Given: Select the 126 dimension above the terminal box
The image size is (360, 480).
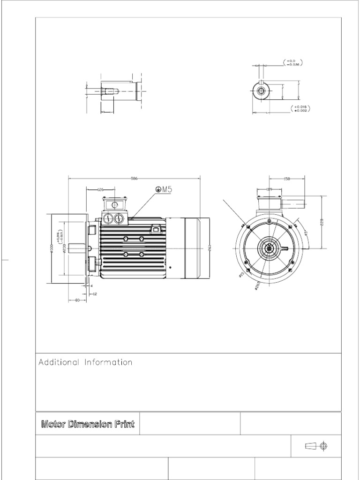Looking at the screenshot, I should (x=100, y=189).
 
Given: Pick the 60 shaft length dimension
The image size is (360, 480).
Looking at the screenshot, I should (x=77, y=300).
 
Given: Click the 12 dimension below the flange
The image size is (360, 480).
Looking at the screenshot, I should (x=95, y=294).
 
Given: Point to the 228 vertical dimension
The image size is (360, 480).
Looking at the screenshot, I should (x=322, y=222).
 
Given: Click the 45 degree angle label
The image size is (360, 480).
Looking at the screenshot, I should (x=305, y=233).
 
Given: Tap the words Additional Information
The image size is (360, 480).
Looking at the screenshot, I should (x=85, y=362).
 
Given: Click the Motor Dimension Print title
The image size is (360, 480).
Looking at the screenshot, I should (x=88, y=425).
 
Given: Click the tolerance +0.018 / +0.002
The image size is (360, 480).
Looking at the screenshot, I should (x=301, y=109).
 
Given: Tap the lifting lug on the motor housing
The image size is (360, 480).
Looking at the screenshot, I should (x=156, y=229).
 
